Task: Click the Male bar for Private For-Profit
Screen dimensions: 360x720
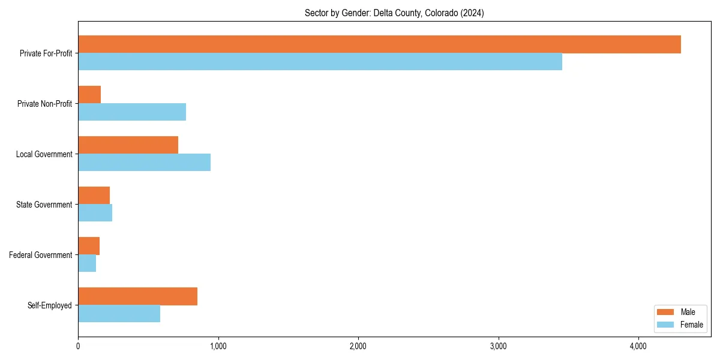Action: [379, 44]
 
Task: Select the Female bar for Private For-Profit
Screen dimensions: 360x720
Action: [320, 61]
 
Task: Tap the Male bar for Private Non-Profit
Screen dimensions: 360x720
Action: [89, 95]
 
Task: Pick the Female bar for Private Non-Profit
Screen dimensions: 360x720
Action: [132, 112]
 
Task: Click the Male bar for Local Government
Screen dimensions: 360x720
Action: [128, 145]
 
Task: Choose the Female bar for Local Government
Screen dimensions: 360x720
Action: [144, 162]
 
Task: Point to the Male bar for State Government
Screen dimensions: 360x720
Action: [94, 196]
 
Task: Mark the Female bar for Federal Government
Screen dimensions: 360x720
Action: [87, 263]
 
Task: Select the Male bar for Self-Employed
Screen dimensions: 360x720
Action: [137, 296]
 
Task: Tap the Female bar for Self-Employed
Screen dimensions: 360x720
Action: [119, 313]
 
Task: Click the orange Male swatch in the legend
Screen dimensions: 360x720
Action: [666, 312]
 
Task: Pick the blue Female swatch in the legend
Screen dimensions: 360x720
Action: [666, 325]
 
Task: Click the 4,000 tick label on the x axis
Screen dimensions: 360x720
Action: [638, 346]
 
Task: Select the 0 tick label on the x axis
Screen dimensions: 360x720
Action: [78, 346]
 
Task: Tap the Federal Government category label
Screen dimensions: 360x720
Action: [41, 255]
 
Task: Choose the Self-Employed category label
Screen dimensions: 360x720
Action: [50, 305]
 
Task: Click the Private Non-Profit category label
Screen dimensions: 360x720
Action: [44, 104]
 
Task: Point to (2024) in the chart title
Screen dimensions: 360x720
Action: [472, 13]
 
